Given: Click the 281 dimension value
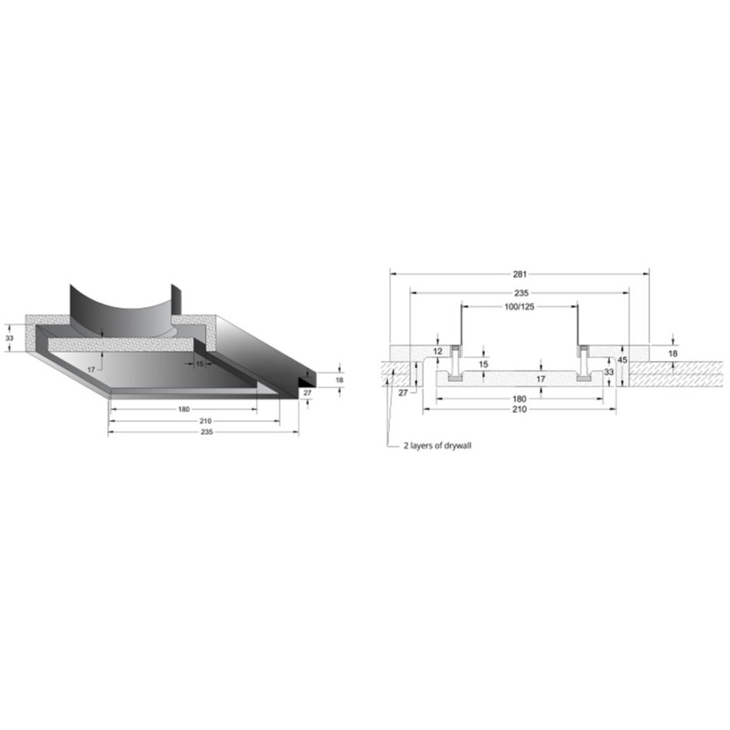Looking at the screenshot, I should point(520,273).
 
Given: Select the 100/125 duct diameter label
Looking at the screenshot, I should point(520,307).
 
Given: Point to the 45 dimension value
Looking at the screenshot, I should point(622,359).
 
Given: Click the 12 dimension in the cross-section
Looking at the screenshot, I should point(437,351).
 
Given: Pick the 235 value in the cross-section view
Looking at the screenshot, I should point(520,292).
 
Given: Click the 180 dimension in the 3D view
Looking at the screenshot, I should point(182,409).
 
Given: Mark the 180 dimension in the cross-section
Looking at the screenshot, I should point(520,398).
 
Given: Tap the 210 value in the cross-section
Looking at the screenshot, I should point(520,410).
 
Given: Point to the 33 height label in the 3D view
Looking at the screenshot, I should point(10,337).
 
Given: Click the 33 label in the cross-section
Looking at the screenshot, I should point(608,371).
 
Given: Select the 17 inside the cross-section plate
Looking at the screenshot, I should point(520,379).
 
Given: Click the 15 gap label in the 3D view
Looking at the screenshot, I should point(200,364).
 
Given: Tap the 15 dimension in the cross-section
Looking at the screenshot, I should point(483,364).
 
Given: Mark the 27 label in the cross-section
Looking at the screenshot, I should point(403,393).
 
